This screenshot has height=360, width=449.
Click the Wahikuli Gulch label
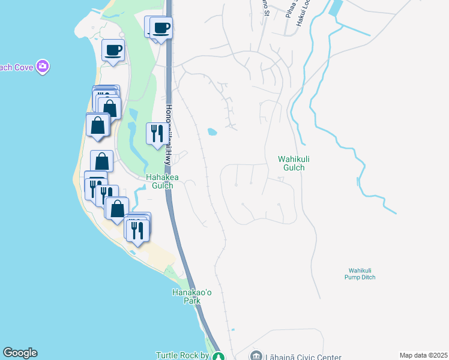(291, 163)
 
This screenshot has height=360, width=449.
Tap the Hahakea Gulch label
(160, 181)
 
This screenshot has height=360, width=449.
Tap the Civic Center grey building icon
(256, 355)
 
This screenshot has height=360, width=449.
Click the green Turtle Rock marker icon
(220, 356)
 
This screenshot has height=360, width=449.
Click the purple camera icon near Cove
(42, 67)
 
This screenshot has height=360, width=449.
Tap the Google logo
(20, 353)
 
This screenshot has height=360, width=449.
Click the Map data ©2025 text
(423, 355)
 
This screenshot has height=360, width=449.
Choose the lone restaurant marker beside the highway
(157, 133)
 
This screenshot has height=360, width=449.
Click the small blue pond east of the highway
(211, 131)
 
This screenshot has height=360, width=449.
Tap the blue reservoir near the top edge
(336, 8)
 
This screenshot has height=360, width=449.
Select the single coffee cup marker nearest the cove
(113, 50)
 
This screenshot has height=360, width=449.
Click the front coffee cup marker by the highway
(161, 28)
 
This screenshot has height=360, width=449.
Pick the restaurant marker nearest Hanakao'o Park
(138, 230)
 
